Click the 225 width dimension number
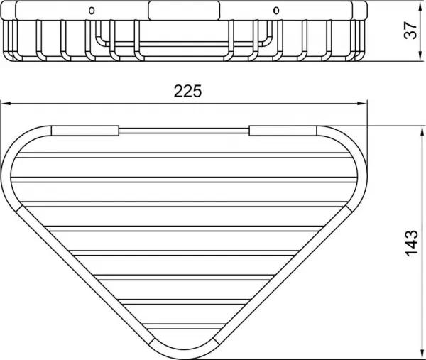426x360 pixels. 187,92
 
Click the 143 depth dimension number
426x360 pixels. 412,243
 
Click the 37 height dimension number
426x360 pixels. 410,30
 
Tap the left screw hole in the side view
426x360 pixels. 92,11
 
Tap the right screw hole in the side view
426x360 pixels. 276,11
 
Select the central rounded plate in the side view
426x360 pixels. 184,11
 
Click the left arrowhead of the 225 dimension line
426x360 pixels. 6,104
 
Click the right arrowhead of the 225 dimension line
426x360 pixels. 362,104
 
